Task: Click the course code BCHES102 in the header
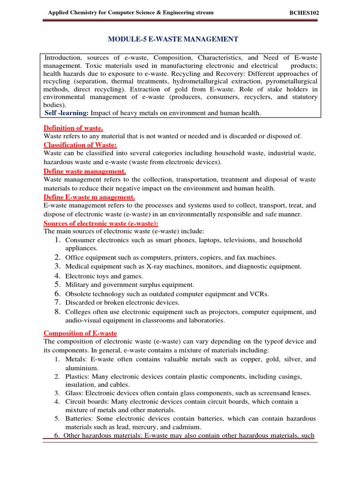coord(305,13)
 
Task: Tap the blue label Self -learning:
coord(66,113)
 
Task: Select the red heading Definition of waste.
coord(73,128)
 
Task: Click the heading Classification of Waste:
coord(80,145)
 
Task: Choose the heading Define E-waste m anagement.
coord(89,197)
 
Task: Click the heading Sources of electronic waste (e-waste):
coord(101,223)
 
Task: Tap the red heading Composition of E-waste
coord(80,333)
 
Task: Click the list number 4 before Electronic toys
coord(57,276)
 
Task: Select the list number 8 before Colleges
coord(57,311)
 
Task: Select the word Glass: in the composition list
coord(75,393)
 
